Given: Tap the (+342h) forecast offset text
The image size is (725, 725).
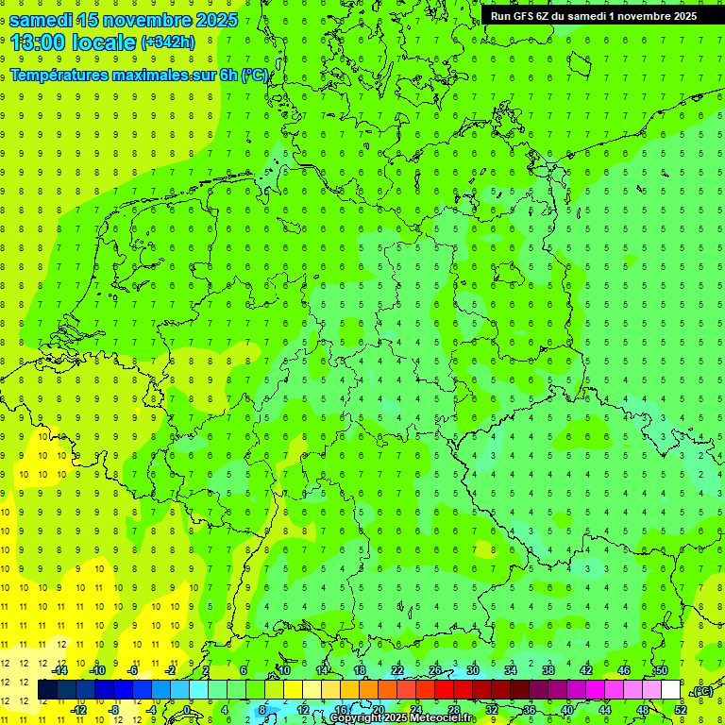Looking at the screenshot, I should coord(167,42).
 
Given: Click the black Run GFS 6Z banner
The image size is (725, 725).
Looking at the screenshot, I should coord(593,15).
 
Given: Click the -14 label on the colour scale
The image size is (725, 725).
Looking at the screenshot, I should coord(60,670).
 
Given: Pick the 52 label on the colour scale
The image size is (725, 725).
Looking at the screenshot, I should coord(681,710).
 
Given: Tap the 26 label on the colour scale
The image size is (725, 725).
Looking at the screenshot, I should coord(435,670).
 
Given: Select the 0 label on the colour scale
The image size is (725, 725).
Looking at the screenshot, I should coord(188,710).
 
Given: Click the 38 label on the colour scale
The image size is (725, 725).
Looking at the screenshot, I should coord(548,670).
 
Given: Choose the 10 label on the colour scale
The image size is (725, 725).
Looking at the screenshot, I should coord(285,670).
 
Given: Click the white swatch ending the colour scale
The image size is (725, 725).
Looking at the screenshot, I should coord(671,690).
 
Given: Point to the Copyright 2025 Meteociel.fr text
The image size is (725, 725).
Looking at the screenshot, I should coord(402,718).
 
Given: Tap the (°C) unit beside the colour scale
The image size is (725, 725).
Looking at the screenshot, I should coord(701,691).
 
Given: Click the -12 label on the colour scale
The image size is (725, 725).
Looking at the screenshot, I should coord(79,710).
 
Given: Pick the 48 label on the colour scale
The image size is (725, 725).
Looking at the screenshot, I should coord(642,710).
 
